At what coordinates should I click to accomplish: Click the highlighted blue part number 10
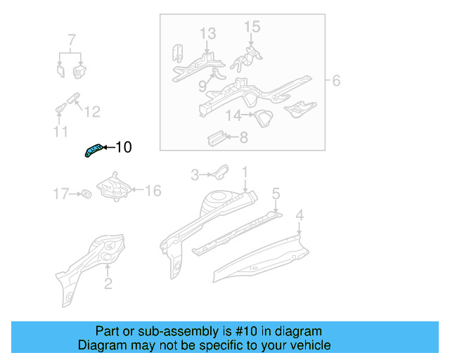click(93, 149)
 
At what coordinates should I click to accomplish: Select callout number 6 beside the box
click(336, 82)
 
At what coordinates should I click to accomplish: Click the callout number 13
click(207, 33)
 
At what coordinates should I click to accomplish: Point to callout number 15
click(252, 27)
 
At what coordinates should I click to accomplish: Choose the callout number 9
click(202, 86)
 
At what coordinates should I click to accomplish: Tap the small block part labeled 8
click(215, 136)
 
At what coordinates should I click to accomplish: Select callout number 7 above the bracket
click(71, 39)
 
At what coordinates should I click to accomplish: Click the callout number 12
click(92, 111)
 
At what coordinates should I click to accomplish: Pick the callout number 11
click(60, 131)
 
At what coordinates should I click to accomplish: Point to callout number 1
click(245, 172)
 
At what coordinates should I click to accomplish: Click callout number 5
click(276, 193)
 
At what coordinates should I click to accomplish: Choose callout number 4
click(300, 214)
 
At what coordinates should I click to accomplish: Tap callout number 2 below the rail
click(108, 284)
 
